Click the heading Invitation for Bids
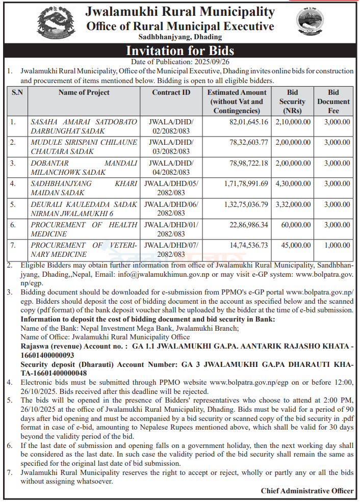pyautogui.click(x=180, y=50)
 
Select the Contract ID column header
pyautogui.click(x=171, y=92)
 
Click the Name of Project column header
pyautogui.click(x=84, y=92)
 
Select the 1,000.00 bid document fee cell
pyautogui.click(x=337, y=245)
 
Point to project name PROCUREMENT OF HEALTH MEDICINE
pyautogui.click(x=84, y=229)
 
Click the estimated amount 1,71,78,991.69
pyautogui.click(x=242, y=183)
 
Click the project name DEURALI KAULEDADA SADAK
pyautogui.click(x=84, y=204)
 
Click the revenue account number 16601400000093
pyautogui.click(x=47, y=355)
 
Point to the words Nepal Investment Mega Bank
pyautogui.click(x=112, y=328)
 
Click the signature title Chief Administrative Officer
pyautogui.click(x=307, y=491)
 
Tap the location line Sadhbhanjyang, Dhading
pyautogui.click(x=180, y=37)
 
